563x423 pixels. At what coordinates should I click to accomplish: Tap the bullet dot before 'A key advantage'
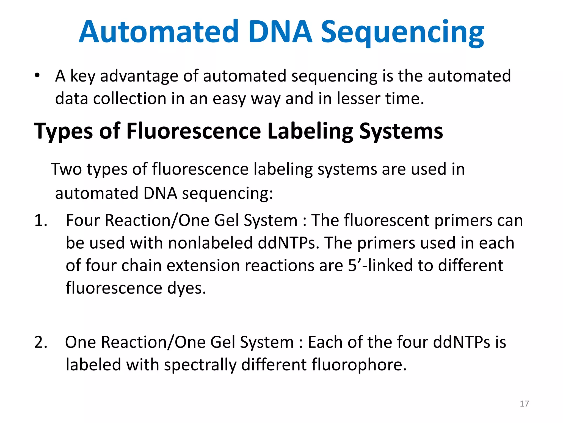pos(37,75)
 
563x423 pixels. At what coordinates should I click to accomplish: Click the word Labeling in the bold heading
pos(310,132)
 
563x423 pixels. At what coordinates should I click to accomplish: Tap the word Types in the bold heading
pos(64,132)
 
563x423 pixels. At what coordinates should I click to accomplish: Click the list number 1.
pos(40,221)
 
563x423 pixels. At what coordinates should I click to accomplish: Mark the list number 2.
pos(41,342)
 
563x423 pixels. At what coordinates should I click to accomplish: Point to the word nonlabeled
pos(210,243)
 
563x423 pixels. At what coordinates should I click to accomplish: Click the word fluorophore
pos(359,365)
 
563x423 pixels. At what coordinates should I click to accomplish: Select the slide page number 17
pos(524,404)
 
